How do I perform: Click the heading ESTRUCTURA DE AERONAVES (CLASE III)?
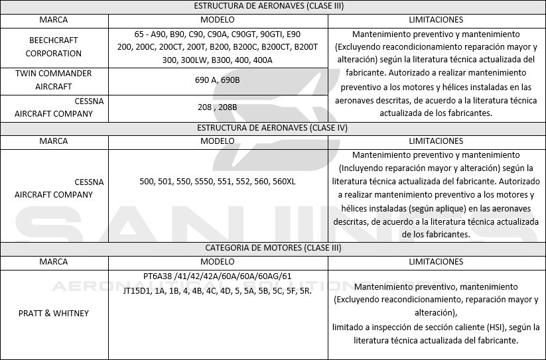273,7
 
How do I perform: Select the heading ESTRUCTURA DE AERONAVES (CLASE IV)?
273,128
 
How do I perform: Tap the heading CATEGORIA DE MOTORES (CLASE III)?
273,249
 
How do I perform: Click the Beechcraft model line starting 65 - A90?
226,33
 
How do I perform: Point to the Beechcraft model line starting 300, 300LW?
226,60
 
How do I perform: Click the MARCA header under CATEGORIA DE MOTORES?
53,261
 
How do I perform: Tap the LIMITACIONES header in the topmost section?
436,20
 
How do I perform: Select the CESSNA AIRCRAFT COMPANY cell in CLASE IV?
53,188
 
